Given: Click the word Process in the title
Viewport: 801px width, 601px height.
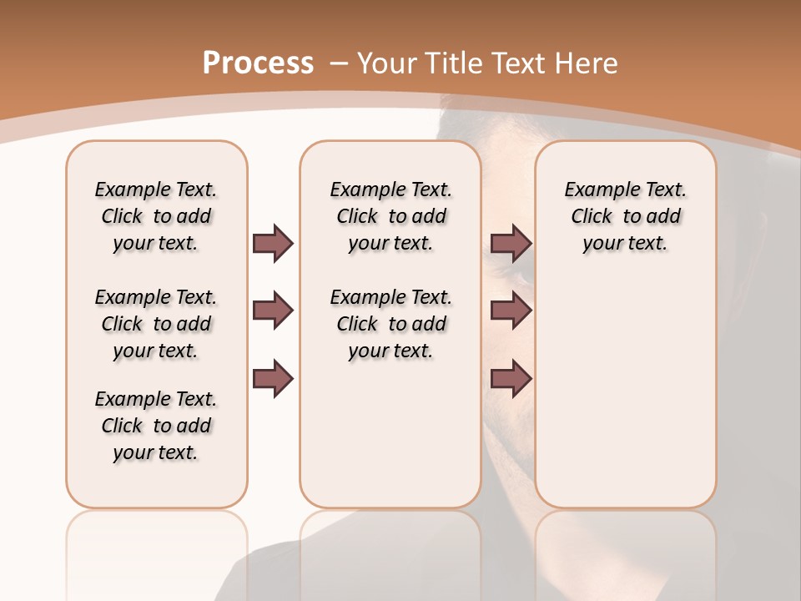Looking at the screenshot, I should point(258,63).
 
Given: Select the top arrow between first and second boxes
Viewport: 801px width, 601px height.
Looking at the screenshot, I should point(273,244).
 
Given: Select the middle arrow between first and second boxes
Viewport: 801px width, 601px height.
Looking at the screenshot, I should point(273,311).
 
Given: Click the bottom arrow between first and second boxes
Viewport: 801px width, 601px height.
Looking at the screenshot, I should point(273,378).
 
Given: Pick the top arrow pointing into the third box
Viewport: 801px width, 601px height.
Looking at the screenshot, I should point(511,244).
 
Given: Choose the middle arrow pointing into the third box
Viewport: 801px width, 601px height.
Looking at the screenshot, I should point(511,311).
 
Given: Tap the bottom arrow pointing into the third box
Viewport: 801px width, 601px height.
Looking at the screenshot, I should point(511,378).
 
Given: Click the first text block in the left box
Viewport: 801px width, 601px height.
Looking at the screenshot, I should point(156,216).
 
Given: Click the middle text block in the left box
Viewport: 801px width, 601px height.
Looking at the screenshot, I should point(156,324).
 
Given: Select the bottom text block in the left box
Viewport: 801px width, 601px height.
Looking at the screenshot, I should point(156,426).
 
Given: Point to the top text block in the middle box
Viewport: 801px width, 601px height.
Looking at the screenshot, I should point(390,216).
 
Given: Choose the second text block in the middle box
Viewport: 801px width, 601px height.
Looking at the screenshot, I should point(390,324).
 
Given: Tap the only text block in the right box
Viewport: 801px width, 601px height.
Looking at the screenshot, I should point(625,216).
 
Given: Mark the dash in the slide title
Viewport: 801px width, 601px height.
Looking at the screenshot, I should point(339,63).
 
